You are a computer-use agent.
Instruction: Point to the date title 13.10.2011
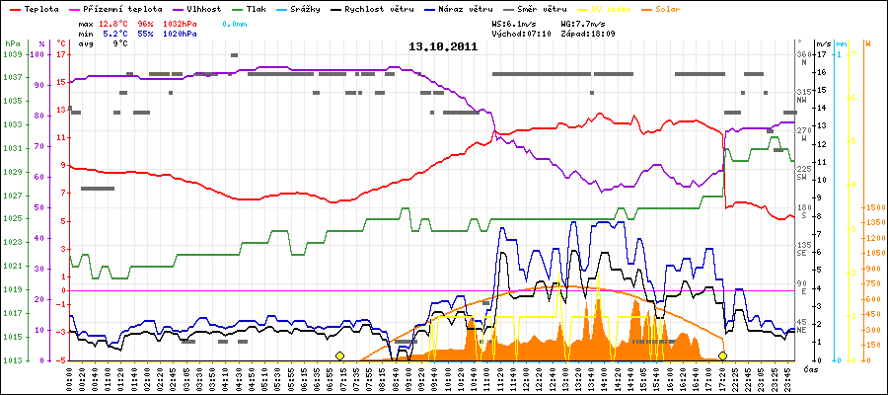click(443, 45)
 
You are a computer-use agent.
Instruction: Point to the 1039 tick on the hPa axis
click(12, 55)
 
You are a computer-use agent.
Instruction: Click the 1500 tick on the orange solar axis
click(873, 208)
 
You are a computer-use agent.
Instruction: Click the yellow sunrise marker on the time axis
click(339, 355)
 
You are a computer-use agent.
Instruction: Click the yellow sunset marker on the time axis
click(723, 355)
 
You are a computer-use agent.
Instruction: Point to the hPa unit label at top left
click(12, 44)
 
